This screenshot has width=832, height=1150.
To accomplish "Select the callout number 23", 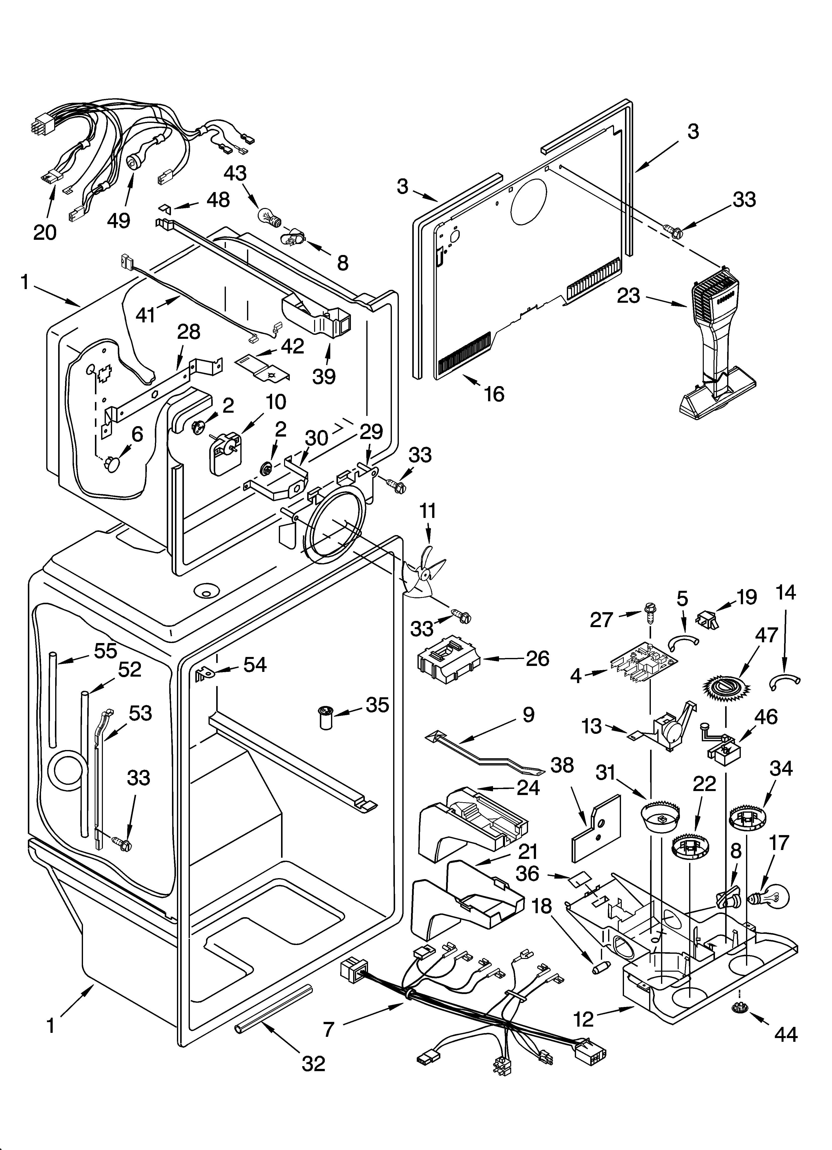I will pos(628,296).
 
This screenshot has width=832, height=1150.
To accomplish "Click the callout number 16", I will pos(494,394).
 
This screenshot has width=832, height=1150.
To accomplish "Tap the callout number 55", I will pos(105,650).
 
